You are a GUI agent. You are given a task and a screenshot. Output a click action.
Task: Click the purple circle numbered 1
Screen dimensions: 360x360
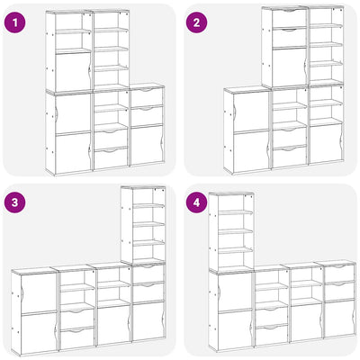(14, 21)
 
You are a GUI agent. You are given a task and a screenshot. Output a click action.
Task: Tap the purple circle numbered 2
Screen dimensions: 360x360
(196, 21)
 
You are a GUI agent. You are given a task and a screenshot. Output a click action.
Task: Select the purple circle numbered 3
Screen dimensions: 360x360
(14, 202)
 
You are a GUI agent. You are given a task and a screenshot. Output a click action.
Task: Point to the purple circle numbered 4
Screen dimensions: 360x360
(196, 202)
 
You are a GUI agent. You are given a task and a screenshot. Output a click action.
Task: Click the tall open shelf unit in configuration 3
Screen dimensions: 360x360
(143, 225)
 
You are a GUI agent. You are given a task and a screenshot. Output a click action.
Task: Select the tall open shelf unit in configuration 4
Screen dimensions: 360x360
(231, 232)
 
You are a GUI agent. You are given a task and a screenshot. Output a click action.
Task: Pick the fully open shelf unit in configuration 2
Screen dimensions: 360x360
(326, 45)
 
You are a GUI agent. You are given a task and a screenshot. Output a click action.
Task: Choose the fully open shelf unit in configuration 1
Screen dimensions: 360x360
(111, 49)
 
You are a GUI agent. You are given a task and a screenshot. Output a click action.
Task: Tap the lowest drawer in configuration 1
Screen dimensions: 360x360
(111, 157)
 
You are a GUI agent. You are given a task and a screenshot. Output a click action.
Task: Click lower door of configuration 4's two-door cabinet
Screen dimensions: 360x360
(235, 329)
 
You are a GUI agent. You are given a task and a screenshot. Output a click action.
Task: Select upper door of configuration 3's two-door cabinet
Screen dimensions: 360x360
(39, 293)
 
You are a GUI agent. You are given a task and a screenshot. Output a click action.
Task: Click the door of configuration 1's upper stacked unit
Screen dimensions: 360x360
(73, 71)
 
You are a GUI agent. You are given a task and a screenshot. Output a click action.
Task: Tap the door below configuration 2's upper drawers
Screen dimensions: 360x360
(289, 67)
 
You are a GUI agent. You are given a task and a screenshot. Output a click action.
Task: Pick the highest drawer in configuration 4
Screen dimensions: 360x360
(339, 273)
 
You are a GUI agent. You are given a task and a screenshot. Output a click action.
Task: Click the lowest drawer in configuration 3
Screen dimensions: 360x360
(77, 339)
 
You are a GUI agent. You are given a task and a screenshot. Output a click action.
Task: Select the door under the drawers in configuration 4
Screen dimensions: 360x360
(339, 318)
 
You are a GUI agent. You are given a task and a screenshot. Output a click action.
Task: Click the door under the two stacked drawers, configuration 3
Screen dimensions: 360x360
(148, 321)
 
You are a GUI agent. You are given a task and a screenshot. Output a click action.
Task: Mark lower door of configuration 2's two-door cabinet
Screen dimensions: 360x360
(251, 152)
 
